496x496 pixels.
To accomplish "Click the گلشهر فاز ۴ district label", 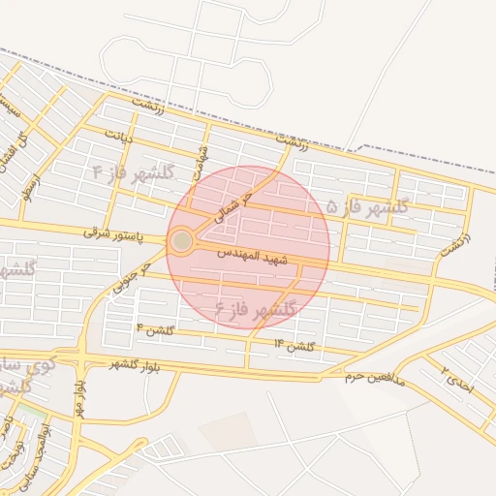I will point(133,171).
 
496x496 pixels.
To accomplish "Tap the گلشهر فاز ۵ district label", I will point(367,206).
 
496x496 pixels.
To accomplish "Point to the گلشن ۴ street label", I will point(155,330).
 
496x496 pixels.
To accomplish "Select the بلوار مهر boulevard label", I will point(77,397).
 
